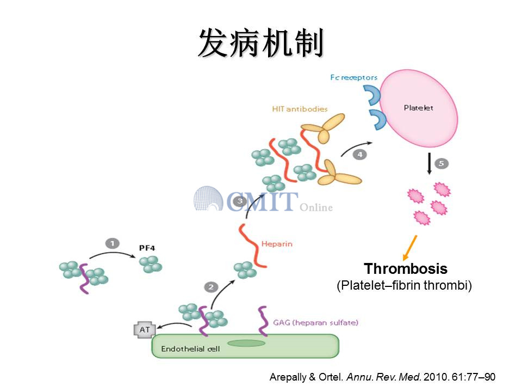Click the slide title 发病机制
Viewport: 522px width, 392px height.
tap(260, 43)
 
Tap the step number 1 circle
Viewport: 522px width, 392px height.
tap(112, 243)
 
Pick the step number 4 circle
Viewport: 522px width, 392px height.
tap(359, 155)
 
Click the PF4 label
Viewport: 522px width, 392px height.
tap(147, 248)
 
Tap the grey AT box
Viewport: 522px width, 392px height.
tap(144, 330)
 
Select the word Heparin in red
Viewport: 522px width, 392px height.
tap(277, 243)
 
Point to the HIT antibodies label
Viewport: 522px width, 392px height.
tap(300, 108)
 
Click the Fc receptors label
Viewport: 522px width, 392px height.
tap(353, 77)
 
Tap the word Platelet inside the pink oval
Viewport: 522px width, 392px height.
tap(419, 107)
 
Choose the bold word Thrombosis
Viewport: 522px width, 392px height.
tap(406, 269)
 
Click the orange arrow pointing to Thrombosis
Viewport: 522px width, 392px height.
tap(409, 247)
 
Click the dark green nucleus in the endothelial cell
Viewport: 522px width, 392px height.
tap(246, 343)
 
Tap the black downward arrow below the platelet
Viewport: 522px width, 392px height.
tap(430, 163)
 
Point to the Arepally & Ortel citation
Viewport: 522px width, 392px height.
tap(382, 377)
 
